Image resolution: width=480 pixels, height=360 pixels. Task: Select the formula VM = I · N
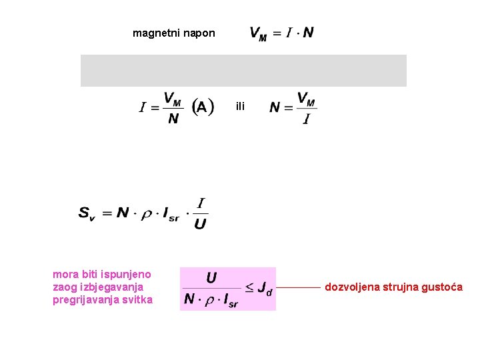click(x=281, y=33)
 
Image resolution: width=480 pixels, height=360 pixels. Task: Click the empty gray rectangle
click(x=243, y=71)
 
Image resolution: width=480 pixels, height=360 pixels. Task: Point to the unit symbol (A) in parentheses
click(x=203, y=107)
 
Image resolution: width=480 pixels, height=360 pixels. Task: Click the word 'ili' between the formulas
click(x=240, y=106)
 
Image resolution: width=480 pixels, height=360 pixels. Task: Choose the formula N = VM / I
click(x=293, y=107)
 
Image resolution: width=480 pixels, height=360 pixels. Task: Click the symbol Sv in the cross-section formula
click(x=87, y=213)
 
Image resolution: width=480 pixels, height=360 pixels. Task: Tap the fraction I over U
click(x=199, y=213)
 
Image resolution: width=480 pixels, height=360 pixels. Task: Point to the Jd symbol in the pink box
click(x=265, y=289)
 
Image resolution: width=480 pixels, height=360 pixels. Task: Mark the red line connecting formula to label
click(x=298, y=288)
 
